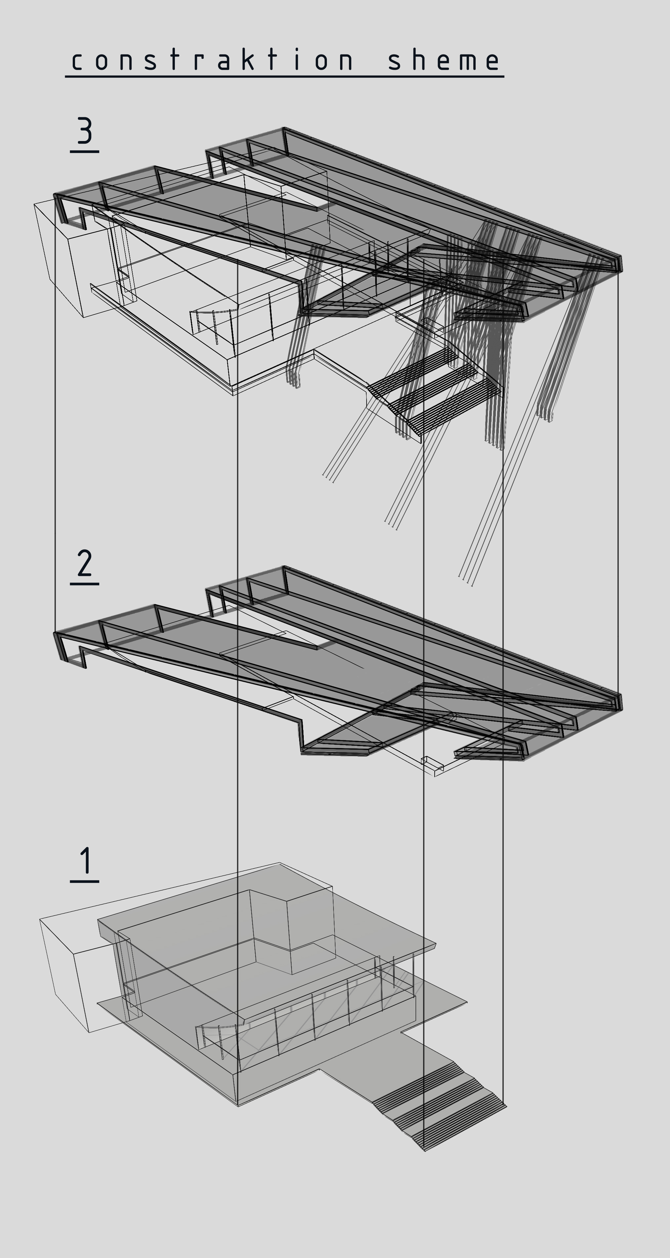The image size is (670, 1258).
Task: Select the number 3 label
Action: [x=85, y=131]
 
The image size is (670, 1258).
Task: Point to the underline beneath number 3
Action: [x=85, y=152]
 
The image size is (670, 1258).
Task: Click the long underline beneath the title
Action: [x=284, y=76]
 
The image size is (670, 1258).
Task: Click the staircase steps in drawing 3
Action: [x=435, y=391]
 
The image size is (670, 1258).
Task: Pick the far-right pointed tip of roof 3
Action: [x=621, y=264]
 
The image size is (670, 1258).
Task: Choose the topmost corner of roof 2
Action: [x=284, y=567]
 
